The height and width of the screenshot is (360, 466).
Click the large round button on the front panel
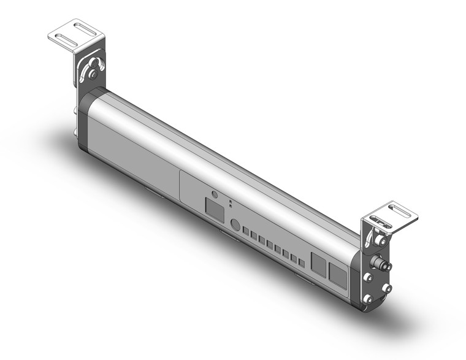[x=234, y=225]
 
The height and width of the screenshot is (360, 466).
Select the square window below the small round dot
[x=214, y=212]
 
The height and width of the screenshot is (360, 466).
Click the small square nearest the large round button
[x=245, y=232]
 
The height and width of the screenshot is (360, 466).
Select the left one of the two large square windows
[x=319, y=263]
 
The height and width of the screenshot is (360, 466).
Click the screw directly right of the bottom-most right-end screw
[x=386, y=288]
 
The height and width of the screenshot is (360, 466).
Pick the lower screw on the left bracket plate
[x=93, y=75]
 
